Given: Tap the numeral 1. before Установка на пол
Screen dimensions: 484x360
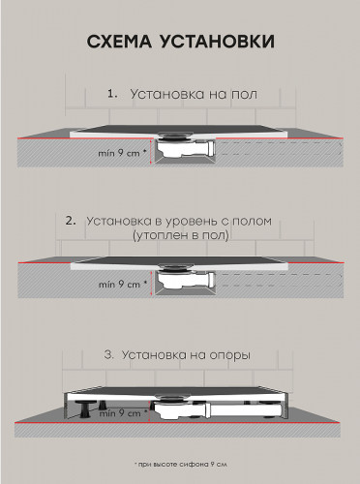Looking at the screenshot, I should [x=113, y=95].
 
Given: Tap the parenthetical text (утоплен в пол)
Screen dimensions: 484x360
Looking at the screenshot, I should [x=181, y=236].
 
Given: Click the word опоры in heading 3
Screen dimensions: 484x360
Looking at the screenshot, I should [x=230, y=356].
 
